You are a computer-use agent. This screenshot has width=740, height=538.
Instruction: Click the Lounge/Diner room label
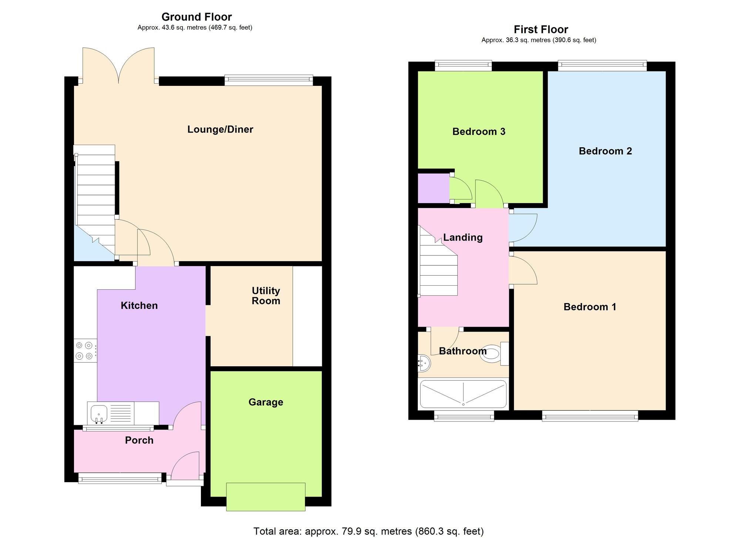click(220, 130)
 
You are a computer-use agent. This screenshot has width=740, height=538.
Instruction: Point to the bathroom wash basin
click(424, 363)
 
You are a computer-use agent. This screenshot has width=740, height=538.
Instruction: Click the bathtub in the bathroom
click(463, 394)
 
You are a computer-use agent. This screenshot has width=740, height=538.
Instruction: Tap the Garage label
click(266, 402)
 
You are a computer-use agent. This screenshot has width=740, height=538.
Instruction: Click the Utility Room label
click(266, 296)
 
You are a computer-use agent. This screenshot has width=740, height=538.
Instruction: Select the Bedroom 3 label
click(479, 132)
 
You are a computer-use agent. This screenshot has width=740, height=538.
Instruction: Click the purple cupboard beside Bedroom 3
click(434, 188)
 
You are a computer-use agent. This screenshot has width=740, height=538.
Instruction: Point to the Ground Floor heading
click(196, 17)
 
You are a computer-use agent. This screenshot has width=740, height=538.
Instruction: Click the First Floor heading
click(541, 30)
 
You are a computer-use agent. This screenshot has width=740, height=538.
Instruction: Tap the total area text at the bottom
click(369, 531)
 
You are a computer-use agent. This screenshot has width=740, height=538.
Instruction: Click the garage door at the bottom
click(266, 497)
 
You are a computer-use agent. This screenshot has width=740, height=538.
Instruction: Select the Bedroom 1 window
click(590, 416)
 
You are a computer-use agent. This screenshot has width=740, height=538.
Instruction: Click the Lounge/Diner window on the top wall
click(269, 80)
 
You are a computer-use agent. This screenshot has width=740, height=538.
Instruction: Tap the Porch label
click(139, 440)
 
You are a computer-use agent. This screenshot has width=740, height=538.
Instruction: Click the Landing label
click(463, 238)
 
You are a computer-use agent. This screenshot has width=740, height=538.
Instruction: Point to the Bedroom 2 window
click(602, 65)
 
